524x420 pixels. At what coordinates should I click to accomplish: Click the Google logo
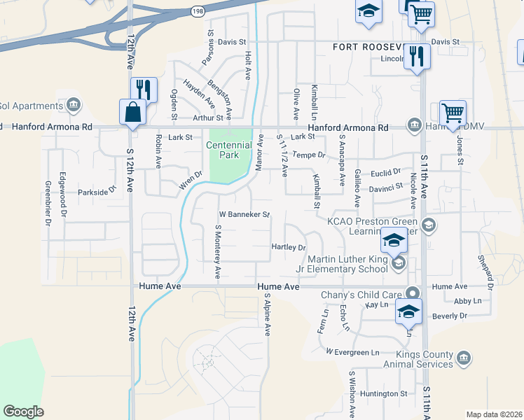pos(23,411)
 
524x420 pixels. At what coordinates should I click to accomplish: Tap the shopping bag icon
pos(133,112)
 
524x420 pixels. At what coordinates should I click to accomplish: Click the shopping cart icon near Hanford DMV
pos(453,112)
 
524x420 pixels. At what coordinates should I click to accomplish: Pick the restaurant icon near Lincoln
pos(418,57)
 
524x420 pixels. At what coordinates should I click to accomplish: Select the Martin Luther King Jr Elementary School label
pos(347,265)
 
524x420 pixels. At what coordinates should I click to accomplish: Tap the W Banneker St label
pos(244,214)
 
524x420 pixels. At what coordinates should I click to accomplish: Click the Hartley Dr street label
pos(289,247)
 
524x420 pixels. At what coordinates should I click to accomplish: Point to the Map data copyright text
pos(493,414)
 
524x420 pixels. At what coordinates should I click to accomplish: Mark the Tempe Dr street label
pos(309,155)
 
